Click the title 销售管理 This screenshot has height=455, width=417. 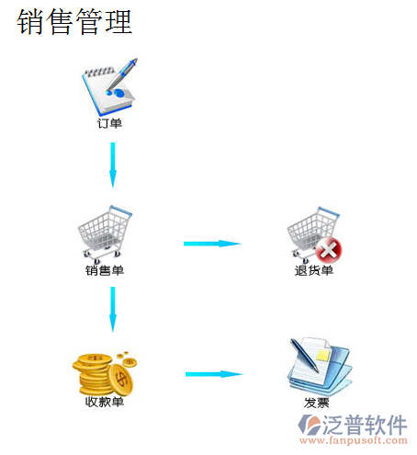(x=74, y=21)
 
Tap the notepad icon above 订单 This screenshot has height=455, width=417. (x=109, y=85)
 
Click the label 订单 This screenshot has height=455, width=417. (x=109, y=123)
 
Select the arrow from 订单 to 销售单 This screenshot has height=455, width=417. (x=113, y=165)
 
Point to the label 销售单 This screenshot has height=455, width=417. (x=105, y=270)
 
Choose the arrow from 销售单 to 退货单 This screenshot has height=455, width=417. (x=212, y=244)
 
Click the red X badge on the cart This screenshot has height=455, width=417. (x=329, y=250)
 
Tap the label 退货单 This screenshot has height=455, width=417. (x=314, y=270)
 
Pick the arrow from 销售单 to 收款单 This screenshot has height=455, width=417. (x=113, y=310)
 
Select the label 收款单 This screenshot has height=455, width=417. (x=105, y=402)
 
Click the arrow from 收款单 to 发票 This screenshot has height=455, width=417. (x=214, y=374)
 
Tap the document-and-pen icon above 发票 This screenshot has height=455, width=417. (x=320, y=366)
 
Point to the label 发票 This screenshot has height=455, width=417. (x=317, y=403)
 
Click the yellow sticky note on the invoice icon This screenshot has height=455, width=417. (x=324, y=355)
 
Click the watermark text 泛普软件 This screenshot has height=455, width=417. (x=365, y=425)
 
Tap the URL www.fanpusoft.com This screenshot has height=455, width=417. (x=354, y=440)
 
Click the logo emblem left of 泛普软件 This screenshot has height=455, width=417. (x=310, y=425)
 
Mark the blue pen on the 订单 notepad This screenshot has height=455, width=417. (x=122, y=75)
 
